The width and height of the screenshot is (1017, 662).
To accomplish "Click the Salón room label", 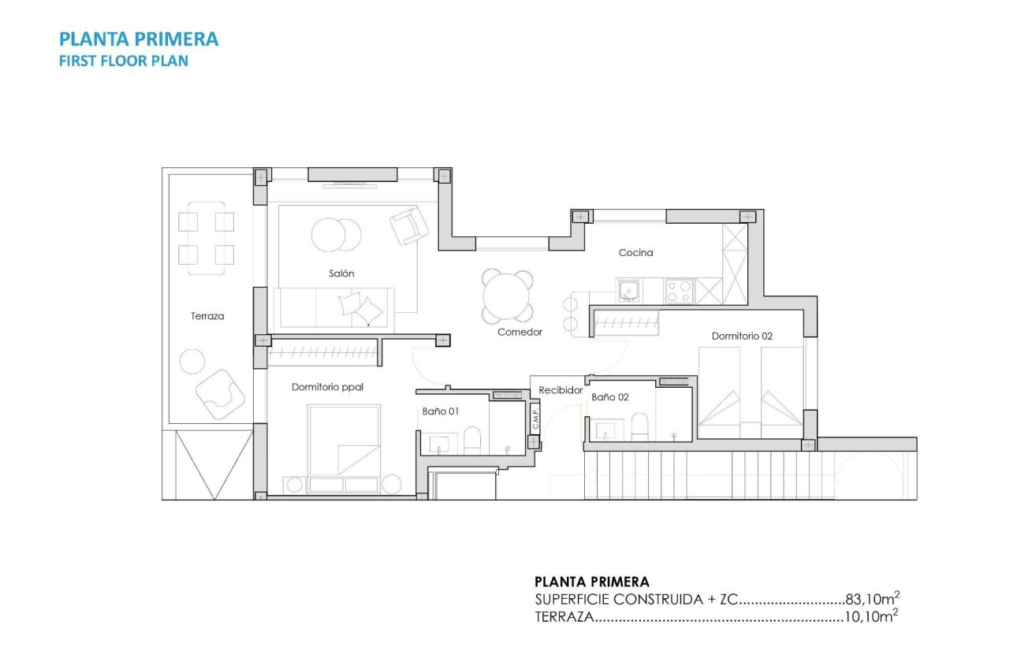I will (x=341, y=273).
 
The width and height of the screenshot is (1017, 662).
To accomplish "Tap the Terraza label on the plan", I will (x=207, y=316).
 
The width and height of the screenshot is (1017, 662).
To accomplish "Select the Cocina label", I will (x=635, y=253).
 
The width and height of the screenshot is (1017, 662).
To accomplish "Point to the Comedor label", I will (x=520, y=333).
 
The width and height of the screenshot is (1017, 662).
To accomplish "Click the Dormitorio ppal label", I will (x=327, y=387).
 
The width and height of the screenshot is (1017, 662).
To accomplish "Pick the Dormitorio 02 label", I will (x=742, y=336).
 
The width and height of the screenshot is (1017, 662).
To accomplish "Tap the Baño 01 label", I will (x=441, y=411).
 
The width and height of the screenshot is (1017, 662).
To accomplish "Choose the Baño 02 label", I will (x=610, y=398).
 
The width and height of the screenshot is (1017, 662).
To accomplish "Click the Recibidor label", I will (x=561, y=390).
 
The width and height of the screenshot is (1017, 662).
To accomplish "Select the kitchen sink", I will (x=629, y=292).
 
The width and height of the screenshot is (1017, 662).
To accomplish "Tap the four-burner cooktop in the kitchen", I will (x=680, y=292).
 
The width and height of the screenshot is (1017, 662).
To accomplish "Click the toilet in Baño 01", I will (x=472, y=440).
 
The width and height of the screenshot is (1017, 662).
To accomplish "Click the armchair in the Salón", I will (x=409, y=226).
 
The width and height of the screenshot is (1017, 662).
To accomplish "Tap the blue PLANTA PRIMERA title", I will (x=139, y=39).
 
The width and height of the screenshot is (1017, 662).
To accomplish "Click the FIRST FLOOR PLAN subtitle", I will (x=124, y=61).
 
